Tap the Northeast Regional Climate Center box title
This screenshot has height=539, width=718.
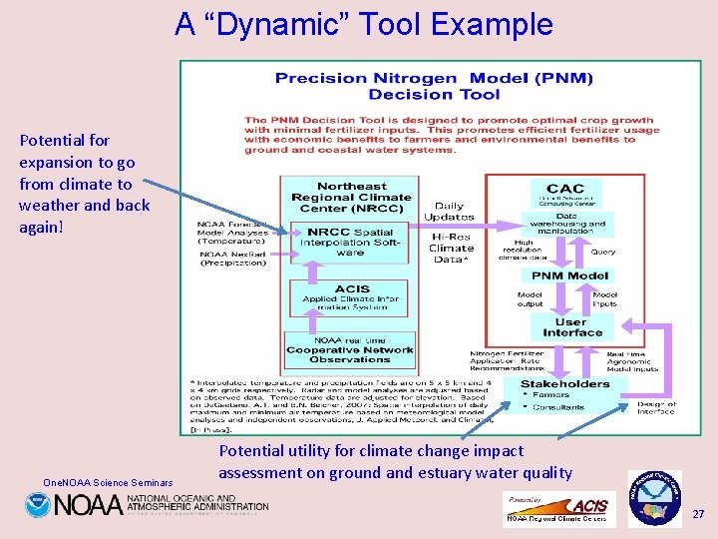point(351,198)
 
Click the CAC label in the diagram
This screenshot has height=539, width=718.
point(565,188)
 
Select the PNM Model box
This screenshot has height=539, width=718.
point(569,275)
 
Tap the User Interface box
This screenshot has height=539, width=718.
point(572,327)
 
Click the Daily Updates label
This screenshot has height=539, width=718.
point(449,212)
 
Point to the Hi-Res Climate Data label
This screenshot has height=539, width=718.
point(451,248)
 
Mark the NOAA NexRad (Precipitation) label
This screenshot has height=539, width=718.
point(231,258)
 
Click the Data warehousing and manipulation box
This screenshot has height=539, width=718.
point(566,225)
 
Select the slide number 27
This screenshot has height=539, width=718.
point(698,513)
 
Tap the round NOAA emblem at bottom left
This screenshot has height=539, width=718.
point(38,505)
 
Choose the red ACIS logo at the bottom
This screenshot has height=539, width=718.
point(589,506)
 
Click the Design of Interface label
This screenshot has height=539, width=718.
point(656,407)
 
